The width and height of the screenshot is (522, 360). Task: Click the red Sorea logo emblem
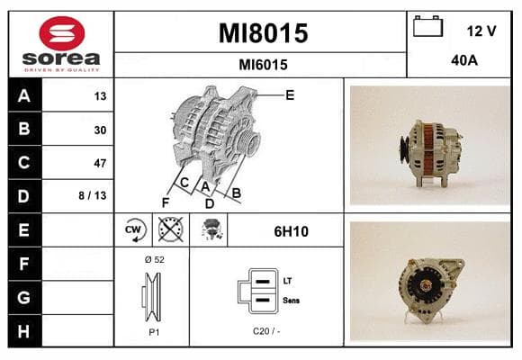[x=62, y=33]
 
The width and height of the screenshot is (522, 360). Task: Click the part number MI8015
[x=263, y=33]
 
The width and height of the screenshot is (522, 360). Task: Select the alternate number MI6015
[x=263, y=65]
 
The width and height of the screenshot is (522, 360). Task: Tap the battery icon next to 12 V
[x=427, y=26]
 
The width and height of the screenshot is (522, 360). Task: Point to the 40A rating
[x=464, y=60]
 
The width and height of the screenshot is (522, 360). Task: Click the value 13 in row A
[x=100, y=96]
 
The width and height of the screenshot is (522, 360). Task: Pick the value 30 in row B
[x=100, y=130]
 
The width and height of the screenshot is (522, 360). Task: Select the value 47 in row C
[x=100, y=163]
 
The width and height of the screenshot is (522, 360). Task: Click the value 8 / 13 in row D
[x=93, y=195]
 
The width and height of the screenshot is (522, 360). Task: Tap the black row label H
[x=24, y=331]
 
